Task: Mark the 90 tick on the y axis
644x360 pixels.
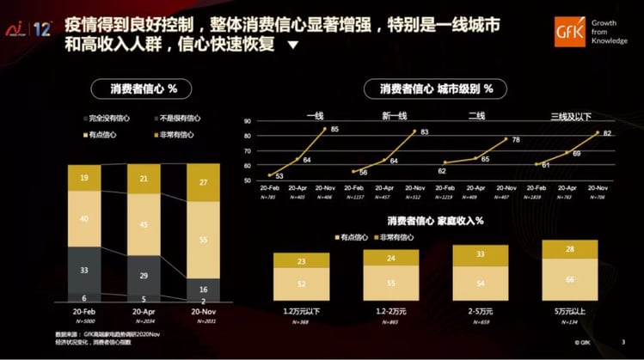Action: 248,122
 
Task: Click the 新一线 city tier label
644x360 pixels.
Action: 395,114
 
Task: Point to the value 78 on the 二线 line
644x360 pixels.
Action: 515,139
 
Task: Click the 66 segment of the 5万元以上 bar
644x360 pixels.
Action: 568,279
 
